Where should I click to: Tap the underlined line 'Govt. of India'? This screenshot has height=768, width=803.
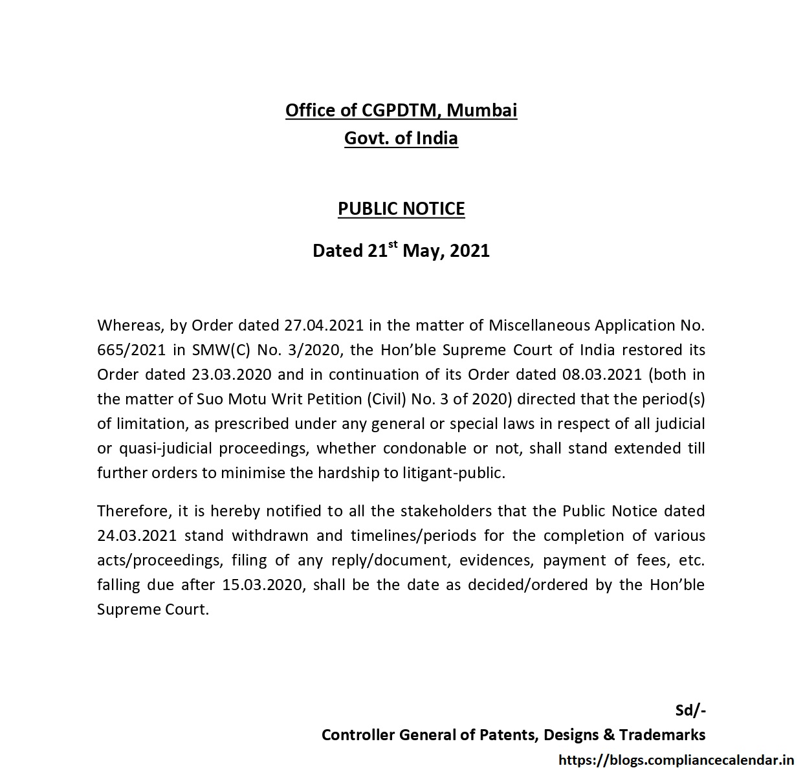coord(401,138)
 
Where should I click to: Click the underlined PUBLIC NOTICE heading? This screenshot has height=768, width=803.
coord(401,209)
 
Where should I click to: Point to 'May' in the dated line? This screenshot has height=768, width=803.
coord(422,251)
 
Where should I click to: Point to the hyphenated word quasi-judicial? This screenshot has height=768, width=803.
coord(164,448)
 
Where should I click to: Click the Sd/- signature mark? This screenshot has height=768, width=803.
coord(690,710)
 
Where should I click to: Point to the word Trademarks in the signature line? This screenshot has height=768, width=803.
coord(662,735)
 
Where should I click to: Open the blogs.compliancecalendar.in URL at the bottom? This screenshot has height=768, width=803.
coord(676,760)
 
